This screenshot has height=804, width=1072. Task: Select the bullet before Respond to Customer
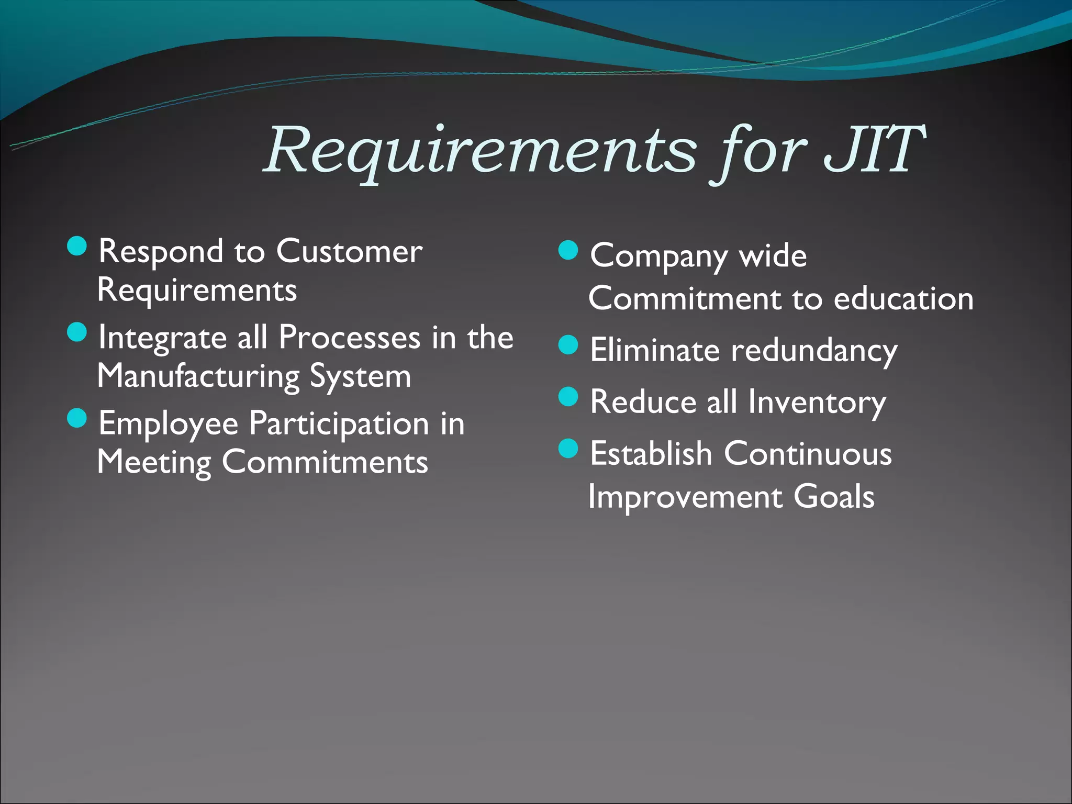click(77, 246)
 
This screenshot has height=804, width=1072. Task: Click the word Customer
click(349, 252)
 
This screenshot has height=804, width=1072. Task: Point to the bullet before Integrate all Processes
click(77, 332)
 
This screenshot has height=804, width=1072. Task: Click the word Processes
click(349, 338)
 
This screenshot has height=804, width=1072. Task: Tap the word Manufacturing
click(198, 377)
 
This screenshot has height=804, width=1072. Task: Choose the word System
click(360, 377)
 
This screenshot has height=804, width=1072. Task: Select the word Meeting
click(154, 463)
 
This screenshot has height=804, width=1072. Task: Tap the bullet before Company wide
click(568, 250)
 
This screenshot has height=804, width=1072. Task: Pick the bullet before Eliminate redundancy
click(568, 345)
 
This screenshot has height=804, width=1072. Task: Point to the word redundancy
click(814, 351)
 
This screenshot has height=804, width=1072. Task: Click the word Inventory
click(817, 403)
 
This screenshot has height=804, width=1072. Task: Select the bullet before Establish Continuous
click(568, 448)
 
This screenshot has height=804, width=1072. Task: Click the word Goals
click(834, 497)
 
